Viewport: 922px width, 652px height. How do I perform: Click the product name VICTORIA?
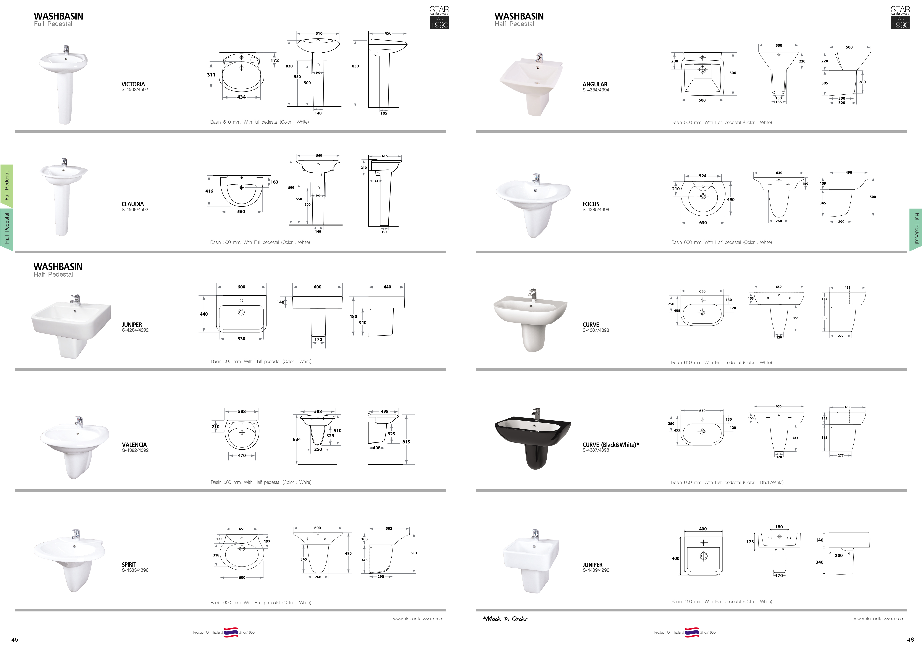133,84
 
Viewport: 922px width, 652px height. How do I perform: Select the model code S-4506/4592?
135,210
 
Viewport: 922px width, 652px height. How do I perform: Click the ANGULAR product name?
595,84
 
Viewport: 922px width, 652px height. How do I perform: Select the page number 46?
910,640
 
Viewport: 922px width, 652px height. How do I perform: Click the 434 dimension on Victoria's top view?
241,97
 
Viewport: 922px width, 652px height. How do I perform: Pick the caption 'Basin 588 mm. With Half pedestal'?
245,482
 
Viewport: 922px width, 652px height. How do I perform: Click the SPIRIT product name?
129,564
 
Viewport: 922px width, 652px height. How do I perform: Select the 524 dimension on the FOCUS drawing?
703,176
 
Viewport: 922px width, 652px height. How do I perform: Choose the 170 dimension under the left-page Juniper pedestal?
318,340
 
